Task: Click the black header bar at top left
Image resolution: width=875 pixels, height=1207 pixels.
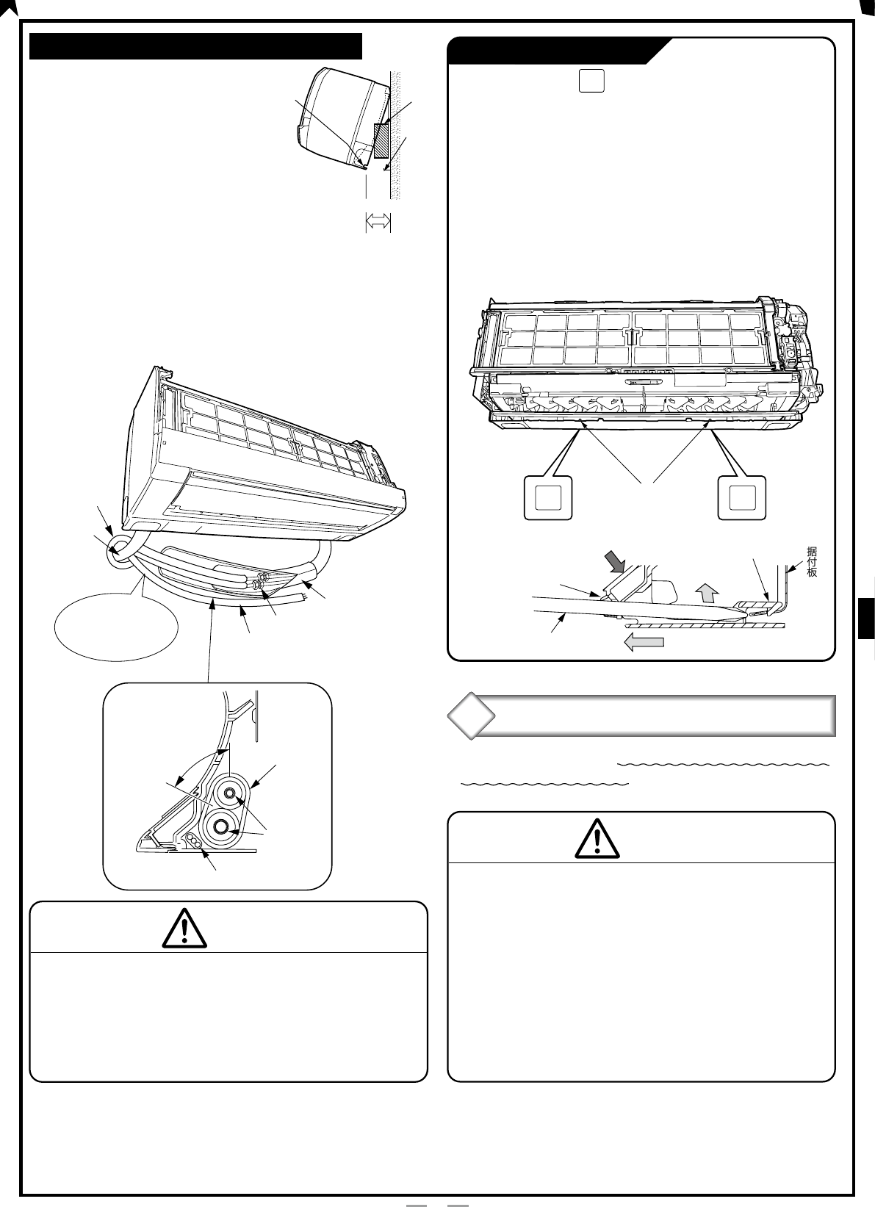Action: pos(195,46)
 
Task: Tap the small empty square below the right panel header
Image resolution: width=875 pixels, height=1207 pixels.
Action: pos(591,81)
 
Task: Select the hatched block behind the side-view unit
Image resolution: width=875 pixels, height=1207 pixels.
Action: pos(381,140)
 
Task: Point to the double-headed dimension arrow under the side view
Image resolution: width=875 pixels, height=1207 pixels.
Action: pos(378,222)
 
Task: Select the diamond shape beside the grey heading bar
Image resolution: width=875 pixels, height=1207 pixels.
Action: pos(471,716)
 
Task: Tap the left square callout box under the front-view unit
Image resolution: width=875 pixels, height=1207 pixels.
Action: pos(548,498)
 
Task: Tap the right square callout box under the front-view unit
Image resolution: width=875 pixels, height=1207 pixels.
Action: pos(742,498)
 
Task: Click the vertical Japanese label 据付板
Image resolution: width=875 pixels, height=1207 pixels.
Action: pos(811,561)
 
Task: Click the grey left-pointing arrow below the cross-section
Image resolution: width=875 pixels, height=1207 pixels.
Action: pos(644,642)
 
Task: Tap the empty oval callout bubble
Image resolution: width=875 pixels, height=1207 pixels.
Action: pos(116,626)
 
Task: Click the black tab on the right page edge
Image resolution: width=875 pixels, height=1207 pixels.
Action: pos(866,618)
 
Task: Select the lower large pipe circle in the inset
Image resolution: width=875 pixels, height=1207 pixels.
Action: pos(221,830)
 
